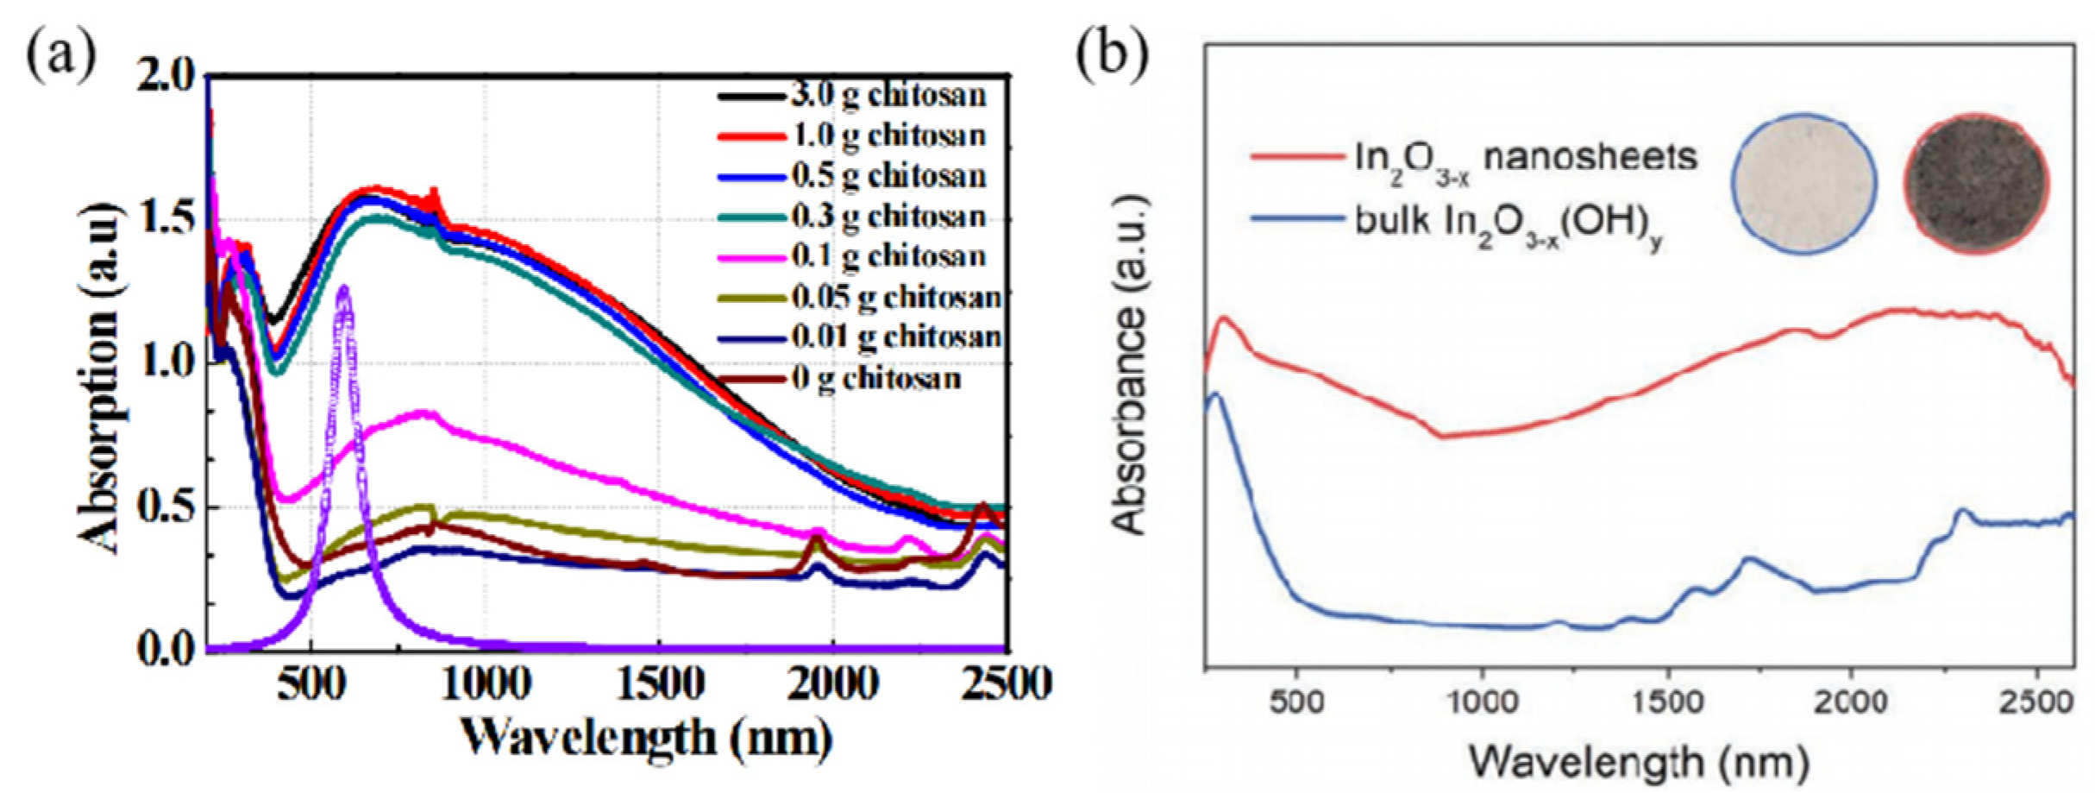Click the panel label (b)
1113,55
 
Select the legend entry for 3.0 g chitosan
888,95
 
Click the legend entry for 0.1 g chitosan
888,256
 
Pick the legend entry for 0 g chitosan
875,378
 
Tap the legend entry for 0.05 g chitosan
896,297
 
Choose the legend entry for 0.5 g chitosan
888,176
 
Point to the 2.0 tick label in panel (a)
167,77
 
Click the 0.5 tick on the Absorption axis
167,507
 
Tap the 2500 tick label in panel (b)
2035,701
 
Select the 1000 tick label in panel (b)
1481,701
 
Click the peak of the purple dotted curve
345,289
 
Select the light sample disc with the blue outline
1804,184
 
